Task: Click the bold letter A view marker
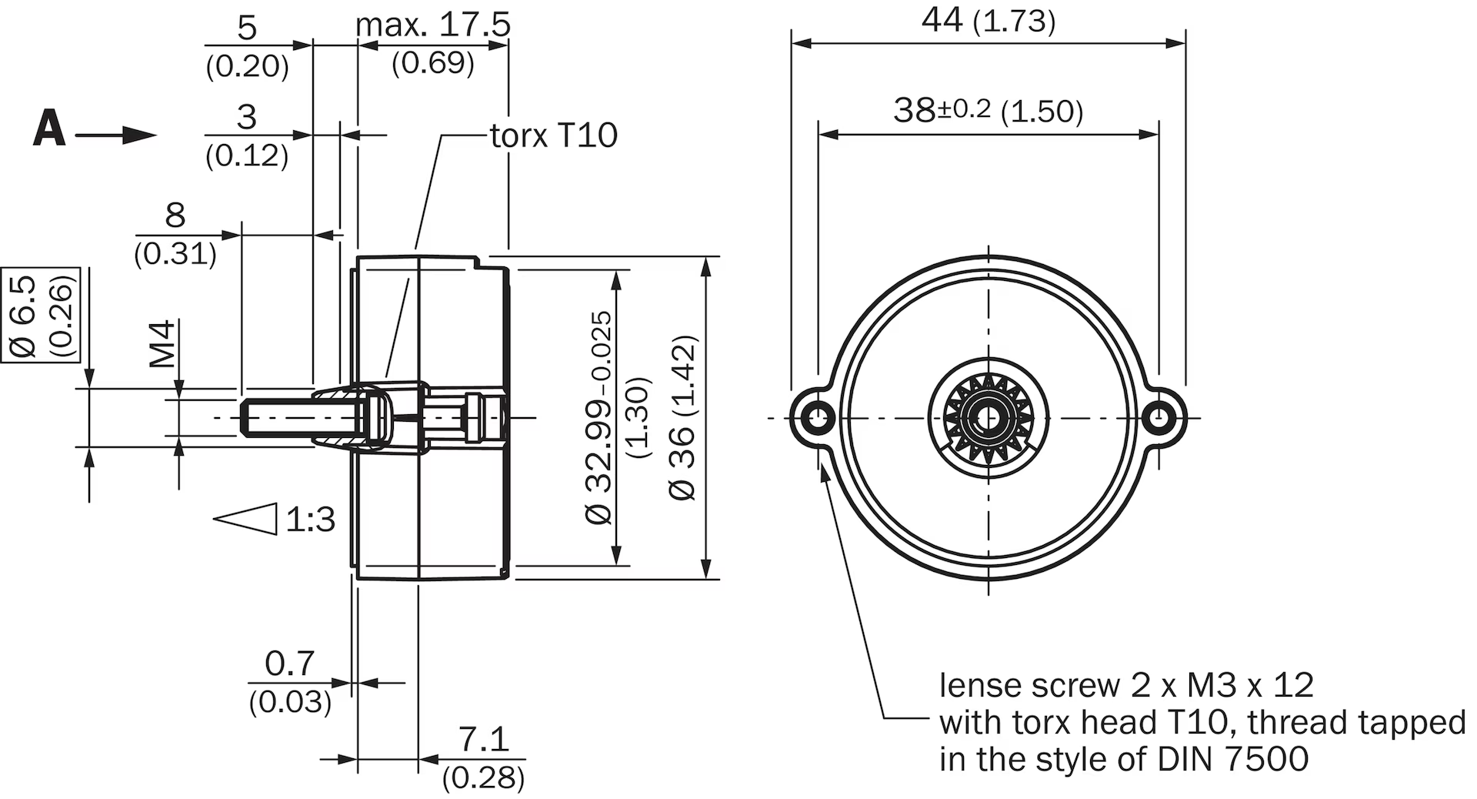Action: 49,129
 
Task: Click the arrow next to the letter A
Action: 116,135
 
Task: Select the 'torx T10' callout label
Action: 554,135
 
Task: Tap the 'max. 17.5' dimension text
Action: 433,25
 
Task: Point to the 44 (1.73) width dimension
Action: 989,21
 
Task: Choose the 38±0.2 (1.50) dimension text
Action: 989,111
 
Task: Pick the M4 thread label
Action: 162,344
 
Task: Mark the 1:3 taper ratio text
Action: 311,520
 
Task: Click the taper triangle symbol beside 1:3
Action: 245,519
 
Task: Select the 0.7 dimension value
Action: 289,664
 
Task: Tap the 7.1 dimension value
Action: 484,740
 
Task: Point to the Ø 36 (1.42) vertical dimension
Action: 682,418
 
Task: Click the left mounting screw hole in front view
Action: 818,418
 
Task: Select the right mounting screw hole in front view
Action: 1157,418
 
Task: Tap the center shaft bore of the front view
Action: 988,418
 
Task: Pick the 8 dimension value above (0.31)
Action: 175,215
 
